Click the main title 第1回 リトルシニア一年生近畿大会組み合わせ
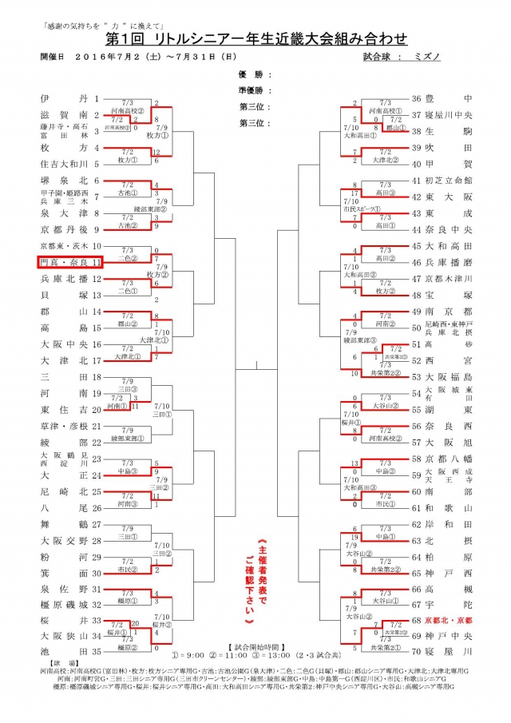[255, 38]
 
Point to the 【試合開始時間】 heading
[255, 666]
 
